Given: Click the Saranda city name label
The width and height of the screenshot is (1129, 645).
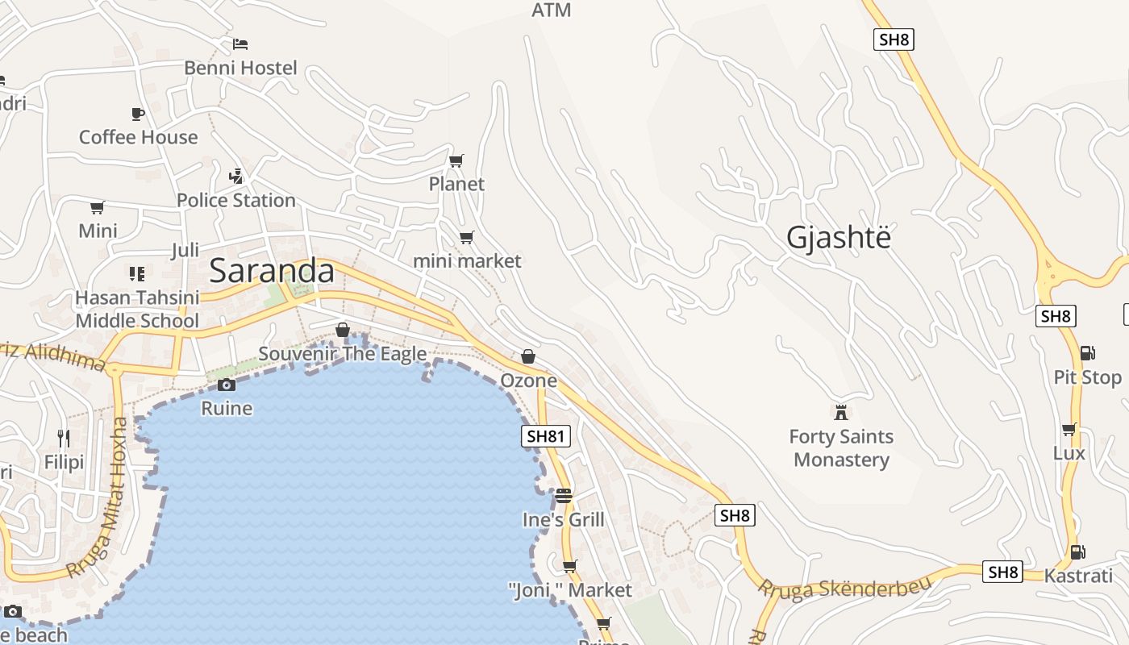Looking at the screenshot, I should [x=272, y=271].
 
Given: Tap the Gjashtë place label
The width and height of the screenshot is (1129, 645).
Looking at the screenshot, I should [x=839, y=238].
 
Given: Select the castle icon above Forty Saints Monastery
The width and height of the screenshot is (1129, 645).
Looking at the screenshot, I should [x=841, y=412].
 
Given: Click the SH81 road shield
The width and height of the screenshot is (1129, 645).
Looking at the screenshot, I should [x=546, y=437].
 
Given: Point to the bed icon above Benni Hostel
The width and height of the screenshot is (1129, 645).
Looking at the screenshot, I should [x=240, y=44].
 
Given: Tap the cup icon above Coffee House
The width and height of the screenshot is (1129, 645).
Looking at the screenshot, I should [x=138, y=114].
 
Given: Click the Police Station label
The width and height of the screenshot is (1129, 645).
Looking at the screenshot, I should [x=236, y=200].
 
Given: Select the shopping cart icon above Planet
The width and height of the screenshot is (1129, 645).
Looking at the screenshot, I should [x=456, y=160].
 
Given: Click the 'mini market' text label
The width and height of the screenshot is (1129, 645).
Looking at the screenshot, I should [x=467, y=261].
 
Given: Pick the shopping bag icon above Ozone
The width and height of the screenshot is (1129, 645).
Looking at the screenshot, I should [x=528, y=356].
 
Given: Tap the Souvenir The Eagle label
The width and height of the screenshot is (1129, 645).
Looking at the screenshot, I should [x=343, y=354].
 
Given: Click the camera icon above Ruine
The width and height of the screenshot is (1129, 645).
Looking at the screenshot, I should [x=227, y=385].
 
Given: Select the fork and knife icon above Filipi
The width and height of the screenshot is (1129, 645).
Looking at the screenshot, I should [x=64, y=439].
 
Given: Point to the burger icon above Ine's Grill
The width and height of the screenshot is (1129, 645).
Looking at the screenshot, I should [x=563, y=495].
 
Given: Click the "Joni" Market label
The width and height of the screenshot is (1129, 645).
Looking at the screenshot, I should [x=570, y=590].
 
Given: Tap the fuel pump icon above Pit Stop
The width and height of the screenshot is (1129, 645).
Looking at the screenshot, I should [x=1087, y=353].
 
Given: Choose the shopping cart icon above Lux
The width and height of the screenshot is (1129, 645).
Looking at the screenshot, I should [x=1069, y=429].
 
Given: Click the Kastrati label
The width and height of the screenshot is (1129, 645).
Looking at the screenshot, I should [x=1077, y=576].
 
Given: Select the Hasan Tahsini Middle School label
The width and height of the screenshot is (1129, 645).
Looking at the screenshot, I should [x=137, y=310].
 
